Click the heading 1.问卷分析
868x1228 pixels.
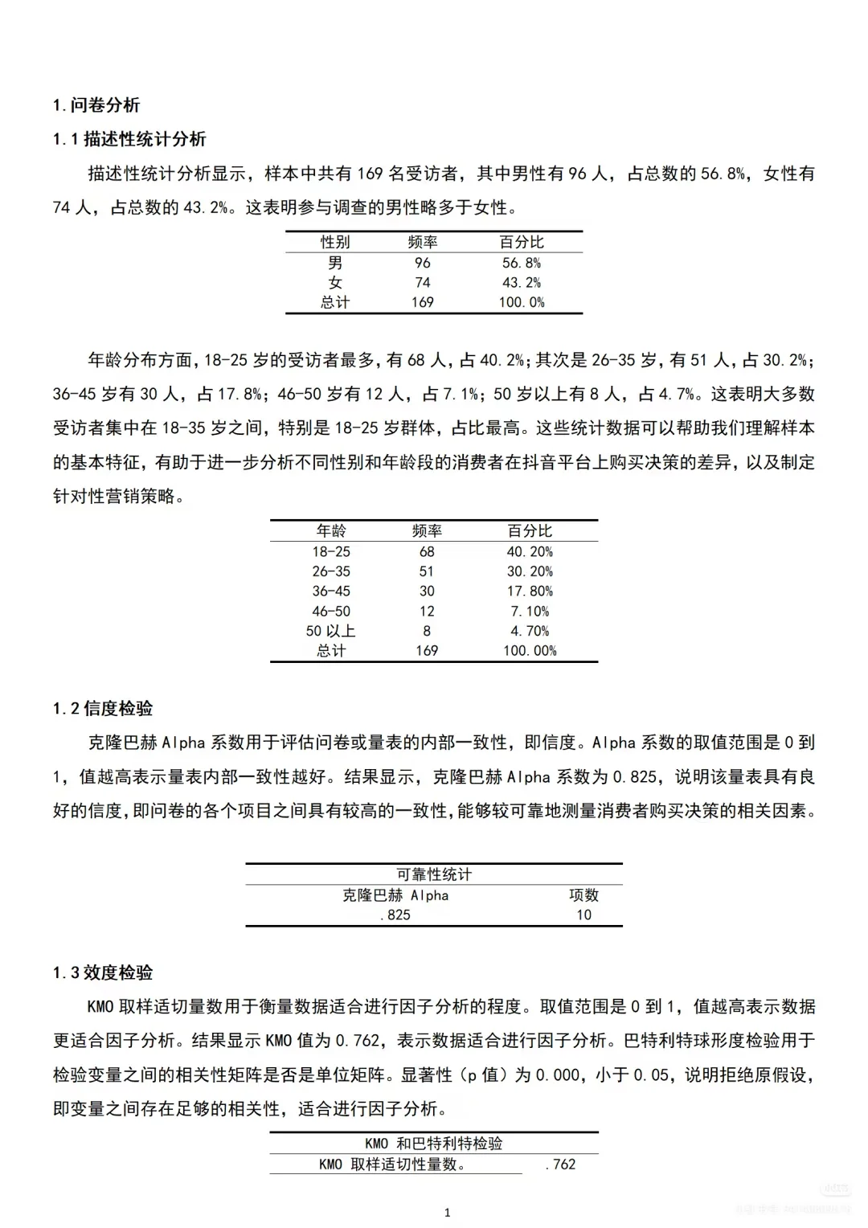pyautogui.click(x=96, y=105)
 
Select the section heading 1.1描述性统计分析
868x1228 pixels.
pyautogui.click(x=129, y=139)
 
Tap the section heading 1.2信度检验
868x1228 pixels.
pyautogui.click(x=103, y=708)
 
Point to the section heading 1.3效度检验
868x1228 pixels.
pyautogui.click(x=103, y=972)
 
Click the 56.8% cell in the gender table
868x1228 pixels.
pyautogui.click(x=522, y=263)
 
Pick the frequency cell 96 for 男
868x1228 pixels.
pyautogui.click(x=423, y=263)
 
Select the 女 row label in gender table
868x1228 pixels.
pyautogui.click(x=335, y=283)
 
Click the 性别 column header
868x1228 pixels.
pyautogui.click(x=335, y=242)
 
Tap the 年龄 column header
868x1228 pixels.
pyautogui.click(x=331, y=530)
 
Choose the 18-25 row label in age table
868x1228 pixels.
pyautogui.click(x=331, y=551)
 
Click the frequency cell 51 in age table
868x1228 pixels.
pyautogui.click(x=427, y=571)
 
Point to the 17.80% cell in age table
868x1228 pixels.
pyautogui.click(x=530, y=591)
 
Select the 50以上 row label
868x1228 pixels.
pyautogui.click(x=331, y=631)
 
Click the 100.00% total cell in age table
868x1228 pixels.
pyautogui.click(x=530, y=650)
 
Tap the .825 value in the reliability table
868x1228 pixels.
pyautogui.click(x=395, y=915)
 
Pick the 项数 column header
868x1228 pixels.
pyautogui.click(x=584, y=895)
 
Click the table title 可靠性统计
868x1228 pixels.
pyautogui.click(x=434, y=874)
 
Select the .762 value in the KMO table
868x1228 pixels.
pyautogui.click(x=561, y=1164)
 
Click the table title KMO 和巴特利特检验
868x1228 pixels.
pyautogui.click(x=434, y=1143)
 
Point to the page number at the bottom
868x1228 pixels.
pyautogui.click(x=448, y=1213)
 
